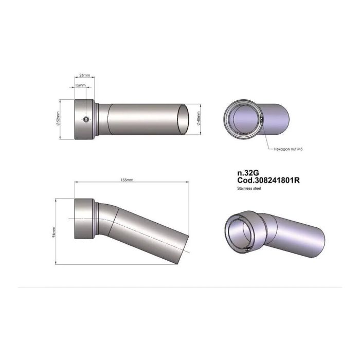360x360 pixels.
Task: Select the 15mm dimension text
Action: [80, 85]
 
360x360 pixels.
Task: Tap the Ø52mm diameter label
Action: [58, 119]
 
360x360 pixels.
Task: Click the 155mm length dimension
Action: [127, 180]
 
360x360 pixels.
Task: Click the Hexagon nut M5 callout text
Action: [285, 149]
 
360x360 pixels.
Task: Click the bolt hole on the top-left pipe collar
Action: [87, 119]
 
